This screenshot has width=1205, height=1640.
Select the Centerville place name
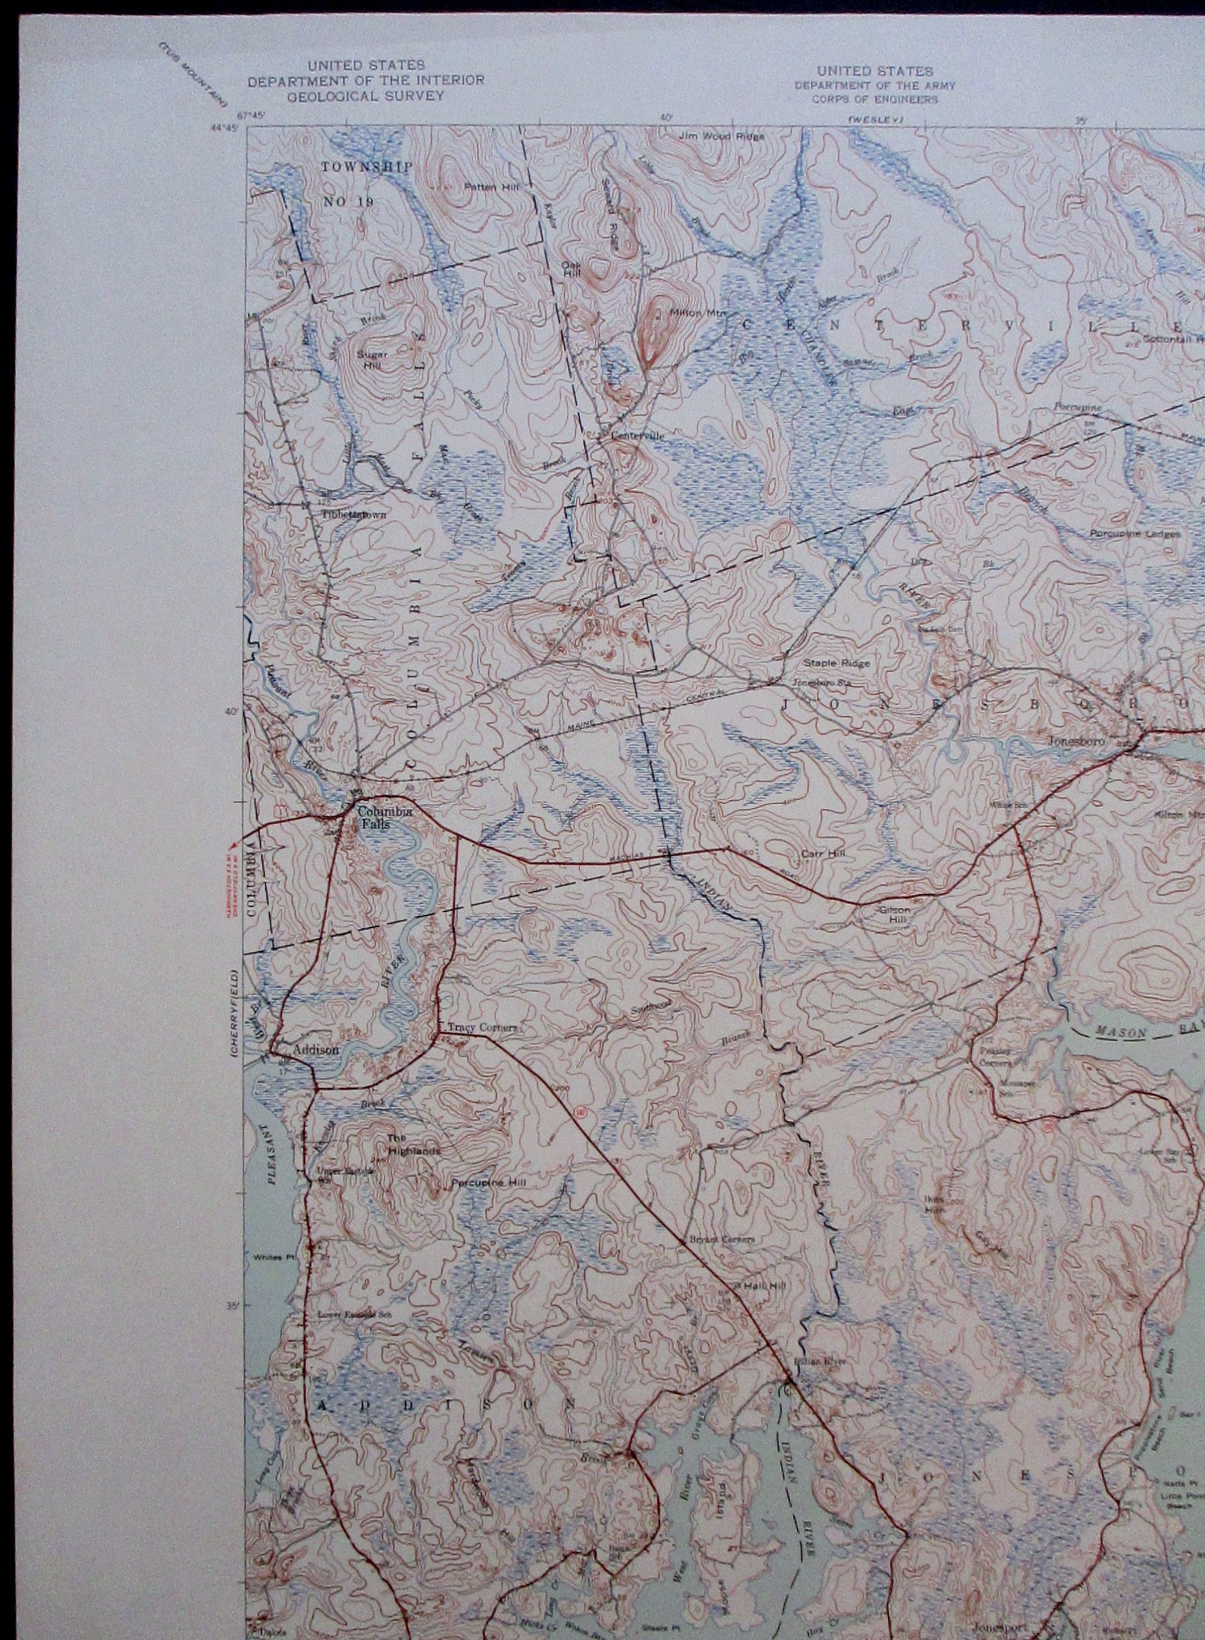(x=638, y=436)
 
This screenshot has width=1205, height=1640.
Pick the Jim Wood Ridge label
(x=721, y=135)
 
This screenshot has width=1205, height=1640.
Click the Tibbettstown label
(x=353, y=512)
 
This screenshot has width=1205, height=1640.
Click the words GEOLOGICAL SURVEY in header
(x=365, y=96)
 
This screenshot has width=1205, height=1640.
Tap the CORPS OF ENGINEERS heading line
(x=874, y=99)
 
